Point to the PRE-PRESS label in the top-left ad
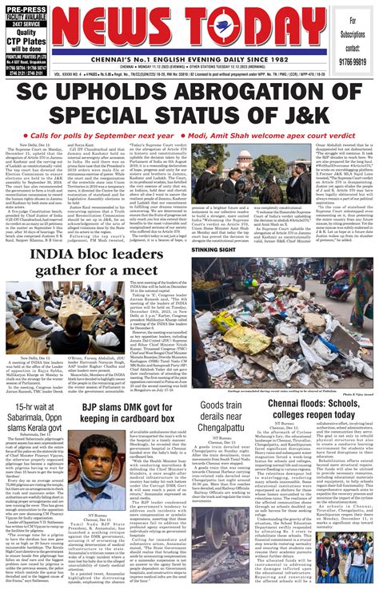point(28,6)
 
